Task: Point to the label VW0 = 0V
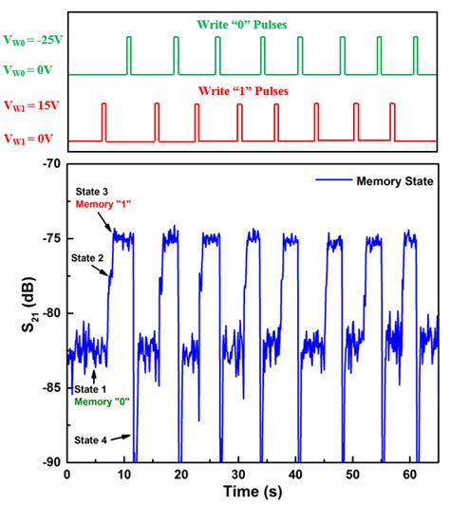click(29, 71)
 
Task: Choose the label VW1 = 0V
click(28, 140)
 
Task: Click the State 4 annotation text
click(90, 440)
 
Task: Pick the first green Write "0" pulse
click(130, 55)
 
